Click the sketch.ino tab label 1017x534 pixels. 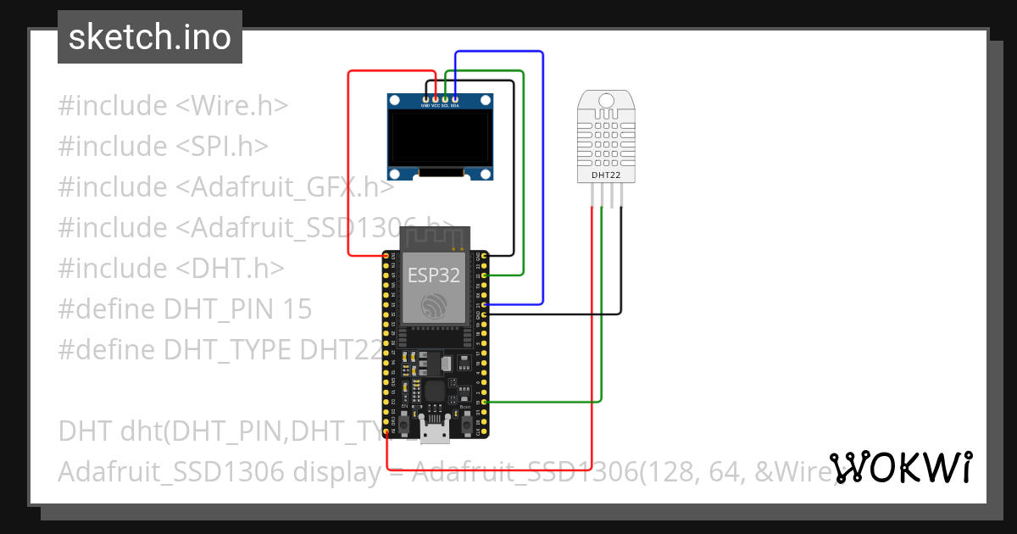point(149,37)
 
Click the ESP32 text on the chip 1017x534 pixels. point(434,275)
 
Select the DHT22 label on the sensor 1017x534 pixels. point(605,175)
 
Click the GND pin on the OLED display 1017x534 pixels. point(426,100)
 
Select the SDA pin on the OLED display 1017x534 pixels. point(455,100)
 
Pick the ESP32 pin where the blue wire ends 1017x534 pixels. point(483,303)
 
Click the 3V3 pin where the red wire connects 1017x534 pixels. point(386,255)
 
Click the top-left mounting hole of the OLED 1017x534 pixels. point(395,101)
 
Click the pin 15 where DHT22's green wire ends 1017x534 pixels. point(483,402)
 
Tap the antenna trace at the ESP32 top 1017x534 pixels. point(434,237)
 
